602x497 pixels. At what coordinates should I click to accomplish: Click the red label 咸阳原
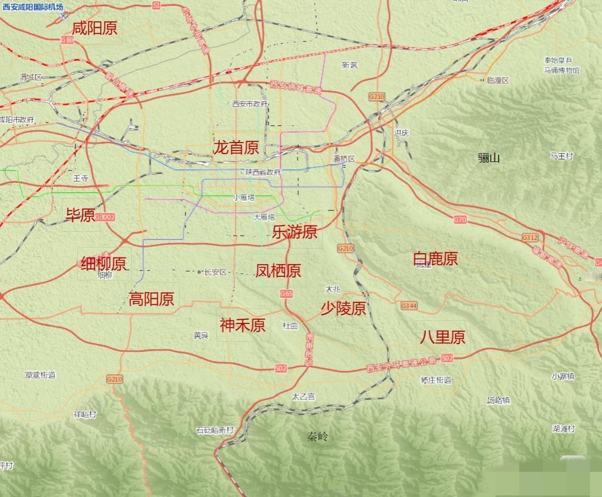click(x=95, y=28)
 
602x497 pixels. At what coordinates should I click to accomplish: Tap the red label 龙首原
click(x=235, y=148)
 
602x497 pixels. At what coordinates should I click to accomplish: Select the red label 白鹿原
click(x=435, y=258)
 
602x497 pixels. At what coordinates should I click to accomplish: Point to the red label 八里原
click(x=442, y=337)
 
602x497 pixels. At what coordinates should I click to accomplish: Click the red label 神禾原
click(x=243, y=325)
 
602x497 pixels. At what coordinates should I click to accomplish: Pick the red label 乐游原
click(x=295, y=232)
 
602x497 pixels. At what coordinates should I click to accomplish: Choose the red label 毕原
click(x=80, y=214)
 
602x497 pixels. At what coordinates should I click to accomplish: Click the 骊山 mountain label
click(x=489, y=158)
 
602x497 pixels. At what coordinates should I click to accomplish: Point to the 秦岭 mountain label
click(x=318, y=436)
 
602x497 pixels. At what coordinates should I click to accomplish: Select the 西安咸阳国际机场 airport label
click(x=33, y=7)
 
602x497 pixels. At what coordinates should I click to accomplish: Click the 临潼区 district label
click(x=498, y=80)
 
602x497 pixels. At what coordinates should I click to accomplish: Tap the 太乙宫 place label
click(x=303, y=397)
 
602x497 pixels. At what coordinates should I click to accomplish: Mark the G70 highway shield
click(x=460, y=220)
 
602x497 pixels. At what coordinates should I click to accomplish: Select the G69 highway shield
click(x=67, y=40)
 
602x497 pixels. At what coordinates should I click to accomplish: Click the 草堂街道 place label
click(x=40, y=375)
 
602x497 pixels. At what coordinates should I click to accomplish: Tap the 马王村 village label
click(x=562, y=156)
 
